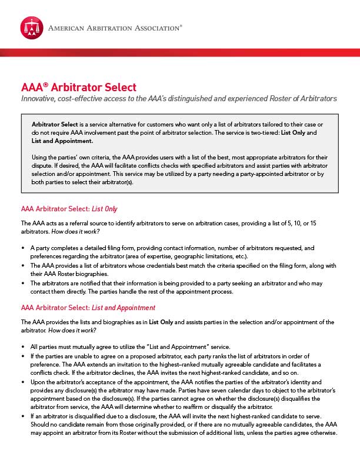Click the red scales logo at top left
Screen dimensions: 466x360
click(x=32, y=28)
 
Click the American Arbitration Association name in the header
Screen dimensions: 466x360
click(x=114, y=28)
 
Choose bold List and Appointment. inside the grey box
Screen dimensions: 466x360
click(x=62, y=141)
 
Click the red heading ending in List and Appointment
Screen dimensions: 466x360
click(x=88, y=308)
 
